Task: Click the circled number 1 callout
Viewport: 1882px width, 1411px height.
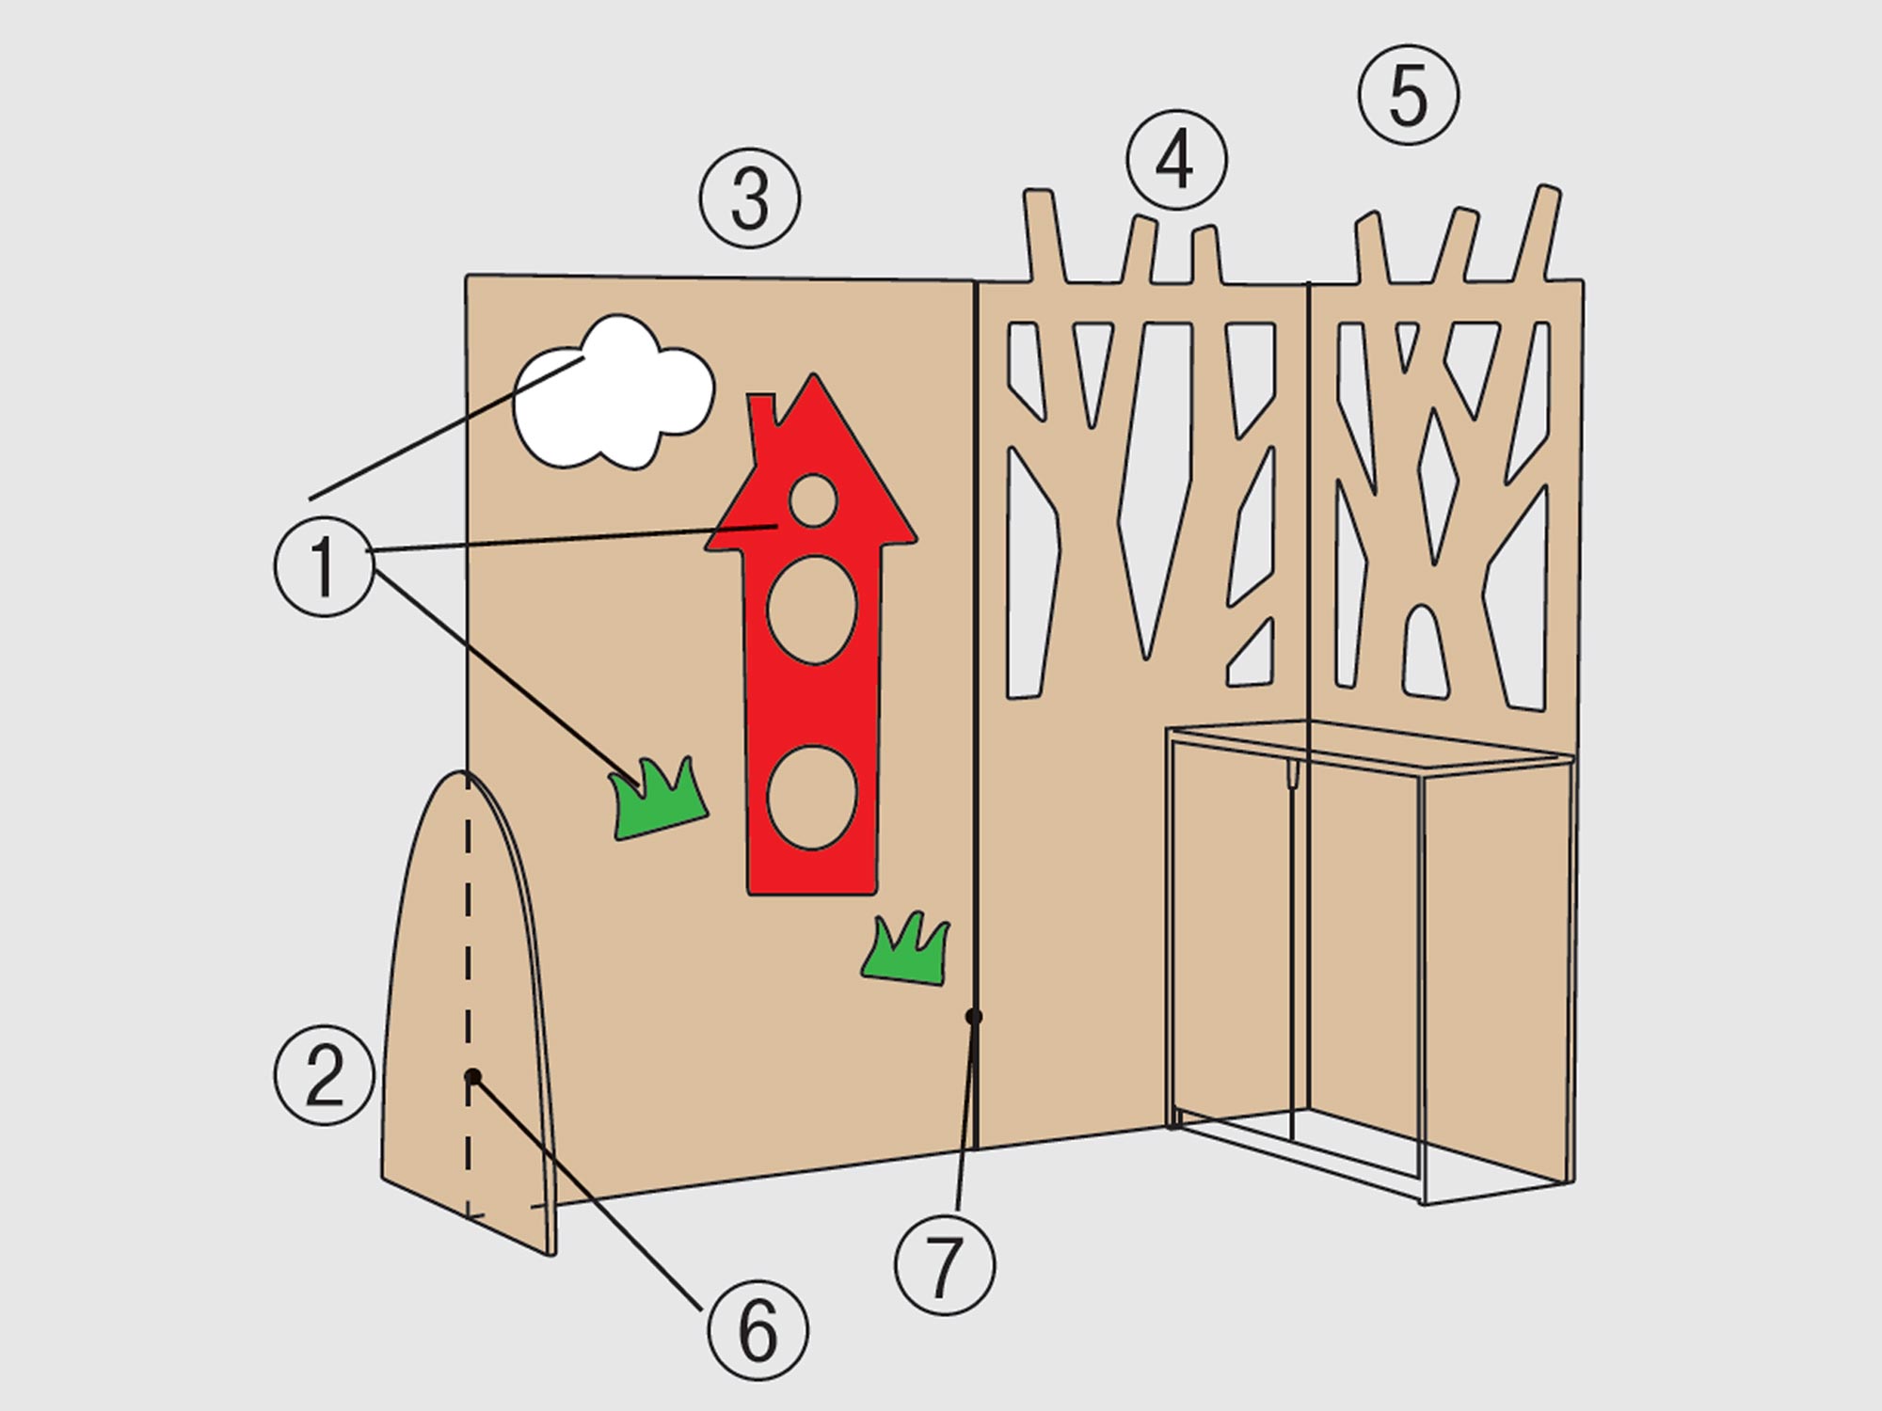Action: (x=325, y=566)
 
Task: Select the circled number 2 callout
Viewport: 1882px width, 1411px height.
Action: (x=324, y=1075)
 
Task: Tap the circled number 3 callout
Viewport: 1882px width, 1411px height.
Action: (x=750, y=198)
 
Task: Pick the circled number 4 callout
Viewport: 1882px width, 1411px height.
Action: (x=1176, y=161)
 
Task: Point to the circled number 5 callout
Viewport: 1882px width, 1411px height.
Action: (x=1409, y=95)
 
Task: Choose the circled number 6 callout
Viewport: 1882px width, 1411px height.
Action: (x=758, y=1329)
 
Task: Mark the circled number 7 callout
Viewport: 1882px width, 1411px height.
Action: (x=945, y=1265)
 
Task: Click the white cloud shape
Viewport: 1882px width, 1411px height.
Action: (x=614, y=392)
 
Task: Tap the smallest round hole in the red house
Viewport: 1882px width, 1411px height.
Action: (x=813, y=500)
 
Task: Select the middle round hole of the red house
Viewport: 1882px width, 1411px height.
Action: (x=812, y=610)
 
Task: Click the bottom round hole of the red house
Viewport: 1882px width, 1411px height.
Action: (x=812, y=798)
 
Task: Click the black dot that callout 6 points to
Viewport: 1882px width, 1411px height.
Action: (x=473, y=1076)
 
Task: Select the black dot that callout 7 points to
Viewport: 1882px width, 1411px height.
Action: (x=974, y=1016)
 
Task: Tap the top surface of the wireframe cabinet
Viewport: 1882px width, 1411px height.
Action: (x=1369, y=747)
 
